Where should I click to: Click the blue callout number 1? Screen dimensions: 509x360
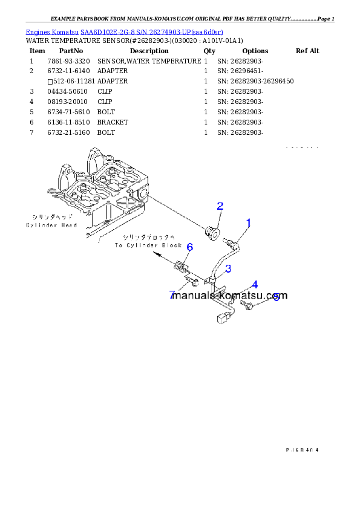(248, 223)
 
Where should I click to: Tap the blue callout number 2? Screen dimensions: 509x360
(220, 206)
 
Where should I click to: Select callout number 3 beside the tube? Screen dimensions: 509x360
(228, 268)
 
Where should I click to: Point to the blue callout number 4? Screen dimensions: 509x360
(255, 284)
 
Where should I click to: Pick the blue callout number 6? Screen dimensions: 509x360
(189, 247)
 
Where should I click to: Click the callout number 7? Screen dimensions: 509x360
(172, 295)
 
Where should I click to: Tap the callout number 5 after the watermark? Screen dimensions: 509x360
(277, 297)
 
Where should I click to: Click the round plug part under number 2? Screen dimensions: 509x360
(211, 232)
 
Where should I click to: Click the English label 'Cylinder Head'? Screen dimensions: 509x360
(51, 225)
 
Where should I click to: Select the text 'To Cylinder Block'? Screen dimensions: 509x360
(149, 245)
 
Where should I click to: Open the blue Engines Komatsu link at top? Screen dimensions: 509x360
(124, 31)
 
